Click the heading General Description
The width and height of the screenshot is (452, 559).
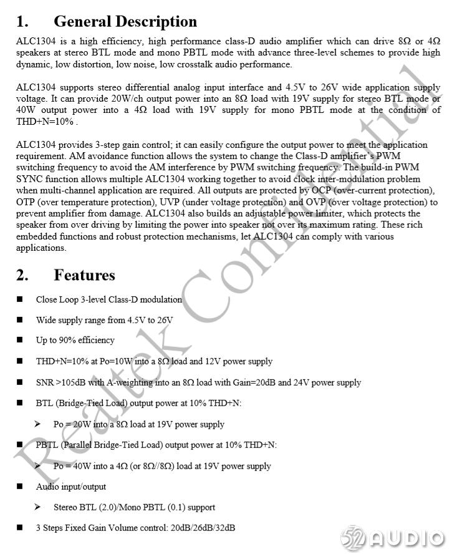125,21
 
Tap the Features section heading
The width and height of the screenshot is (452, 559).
84,275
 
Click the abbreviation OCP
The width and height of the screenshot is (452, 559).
322,190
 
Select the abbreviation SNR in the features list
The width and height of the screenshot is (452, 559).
45,382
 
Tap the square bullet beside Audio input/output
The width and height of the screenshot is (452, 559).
20,487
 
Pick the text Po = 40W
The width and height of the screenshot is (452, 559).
72,466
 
